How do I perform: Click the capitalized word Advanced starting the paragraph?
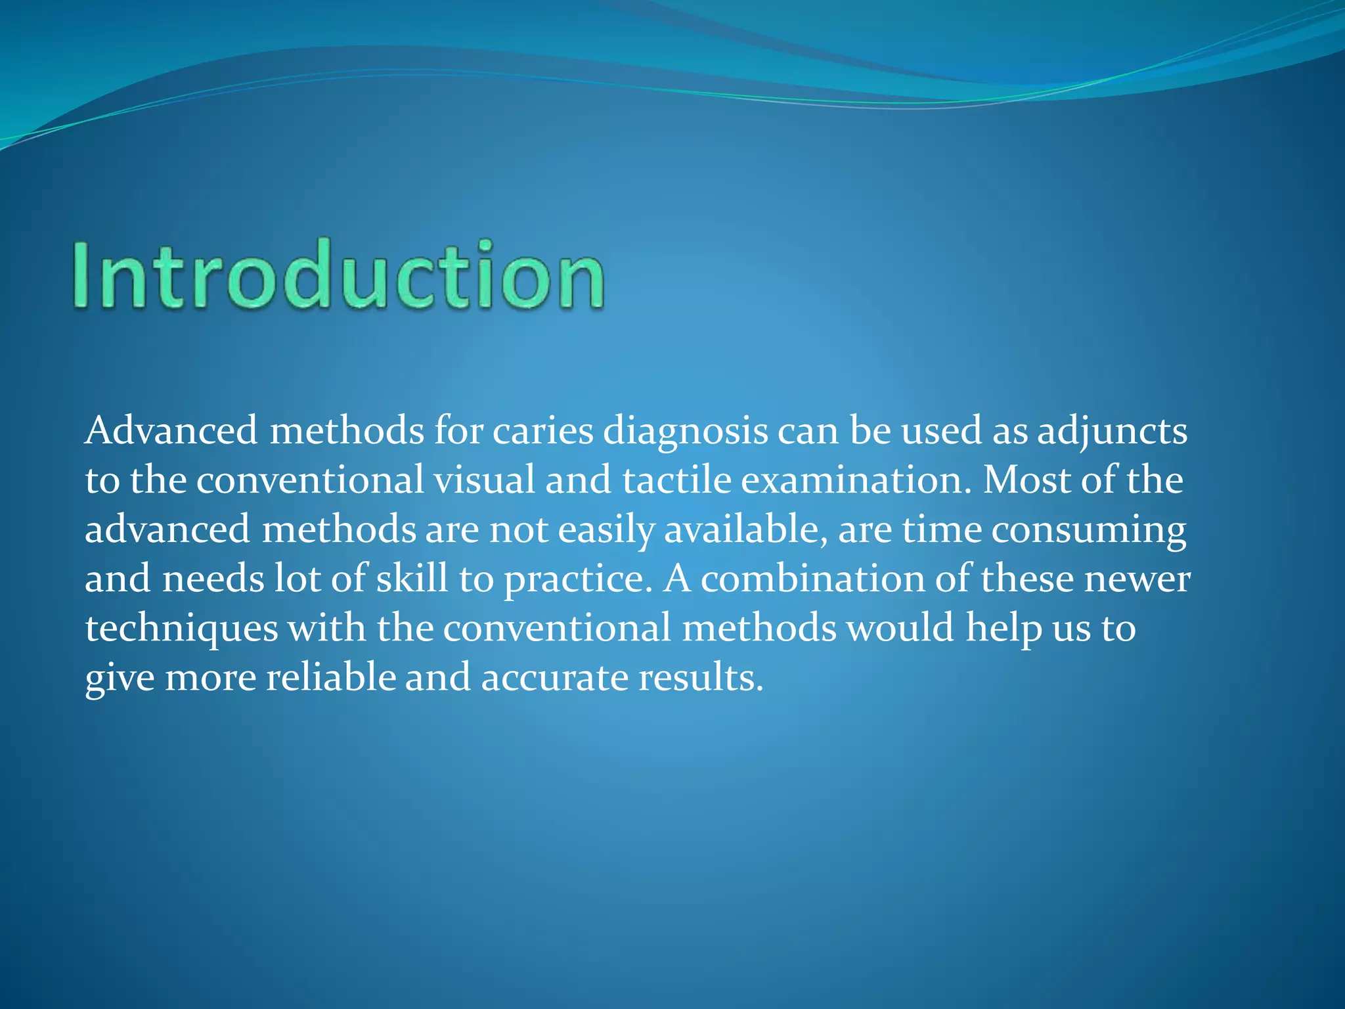[171, 432]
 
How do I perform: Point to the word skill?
[412, 579]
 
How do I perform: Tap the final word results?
[701, 677]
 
